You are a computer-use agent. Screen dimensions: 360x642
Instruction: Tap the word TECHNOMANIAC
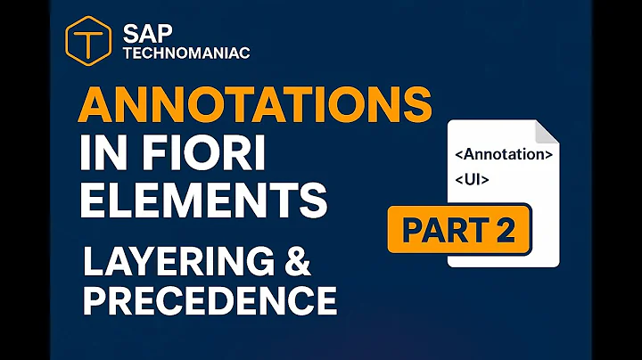click(185, 53)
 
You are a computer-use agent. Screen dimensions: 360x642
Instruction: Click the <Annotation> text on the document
click(503, 153)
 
